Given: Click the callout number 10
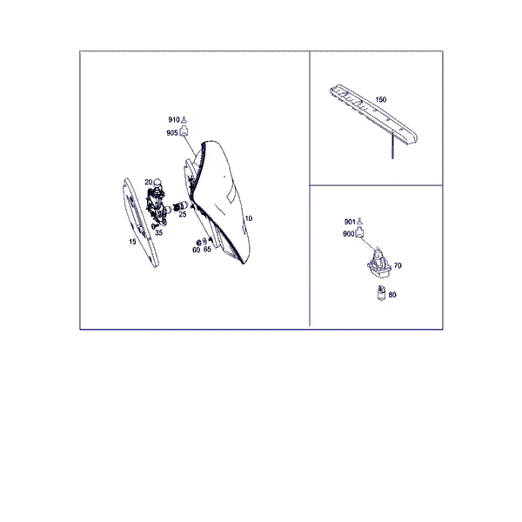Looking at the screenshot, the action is point(248,218).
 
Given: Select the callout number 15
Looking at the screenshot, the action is point(132,242).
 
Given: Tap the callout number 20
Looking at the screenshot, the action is point(148,182).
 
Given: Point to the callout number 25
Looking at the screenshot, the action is point(183,214).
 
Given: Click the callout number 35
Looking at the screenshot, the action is point(159,232).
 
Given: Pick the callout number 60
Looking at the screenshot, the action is point(196,250).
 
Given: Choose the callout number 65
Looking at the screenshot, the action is point(207,249).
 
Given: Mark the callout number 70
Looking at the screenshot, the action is point(398,265).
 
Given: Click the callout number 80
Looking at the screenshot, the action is point(392,295).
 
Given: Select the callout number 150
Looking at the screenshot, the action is point(381,99).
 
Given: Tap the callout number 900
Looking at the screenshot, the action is point(348,234).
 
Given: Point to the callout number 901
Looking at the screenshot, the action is point(350,222).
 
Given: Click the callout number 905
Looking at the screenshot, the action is point(172,133).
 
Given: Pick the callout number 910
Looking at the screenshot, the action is point(174,120).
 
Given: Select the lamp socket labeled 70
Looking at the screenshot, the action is point(378,264).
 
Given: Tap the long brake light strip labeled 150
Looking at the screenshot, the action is point(373,114).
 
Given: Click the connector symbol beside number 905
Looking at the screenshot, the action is point(184,131).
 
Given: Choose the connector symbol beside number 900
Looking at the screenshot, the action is point(359,232).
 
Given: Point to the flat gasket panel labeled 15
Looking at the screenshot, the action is point(141,223).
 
